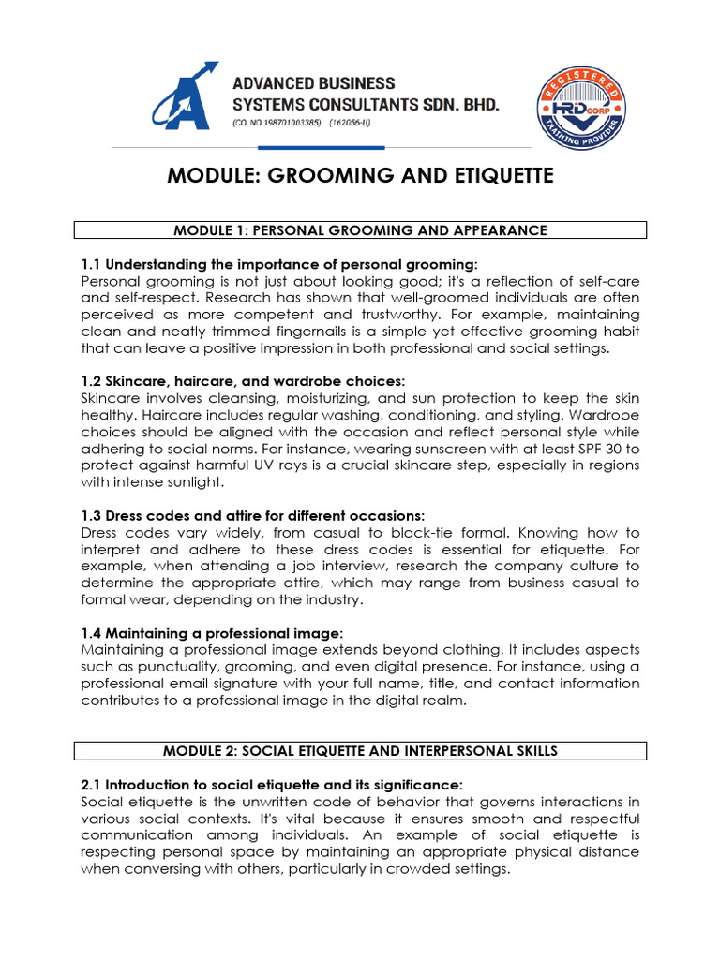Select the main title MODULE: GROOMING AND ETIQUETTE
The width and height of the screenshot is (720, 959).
pos(360,175)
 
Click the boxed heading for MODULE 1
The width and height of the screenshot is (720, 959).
pos(360,229)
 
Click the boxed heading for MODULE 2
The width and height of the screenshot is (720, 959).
pos(360,750)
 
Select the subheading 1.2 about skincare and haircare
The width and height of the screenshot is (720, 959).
pos(244,381)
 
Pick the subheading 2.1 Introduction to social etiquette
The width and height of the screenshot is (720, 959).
pos(272,785)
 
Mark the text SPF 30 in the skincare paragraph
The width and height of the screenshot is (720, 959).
pos(593,448)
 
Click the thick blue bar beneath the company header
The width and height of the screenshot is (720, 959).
pos(321,147)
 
